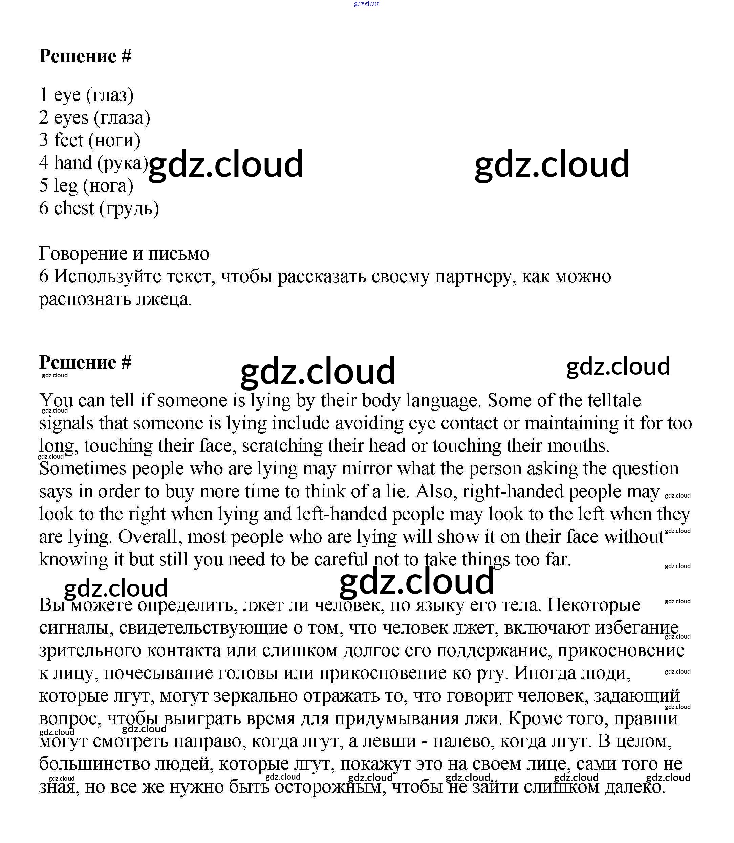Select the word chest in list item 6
tap(74, 208)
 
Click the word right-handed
tap(513, 491)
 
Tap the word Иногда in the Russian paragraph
tap(542, 673)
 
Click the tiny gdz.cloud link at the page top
tap(367, 4)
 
